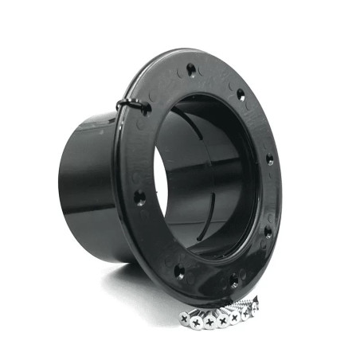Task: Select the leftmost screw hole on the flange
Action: pos(140,197)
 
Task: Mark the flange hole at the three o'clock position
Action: pos(270,159)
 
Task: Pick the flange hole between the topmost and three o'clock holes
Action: pos(241,94)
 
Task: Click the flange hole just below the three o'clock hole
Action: pos(268,233)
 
